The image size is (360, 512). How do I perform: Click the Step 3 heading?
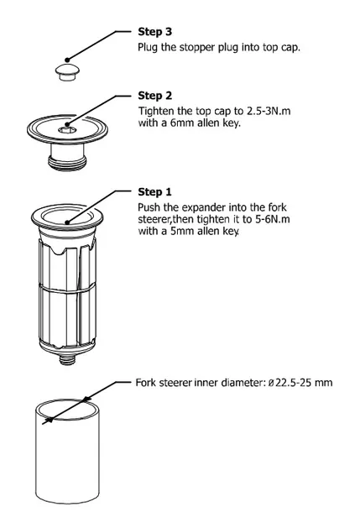[155, 31]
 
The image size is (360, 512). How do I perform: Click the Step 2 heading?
[155, 96]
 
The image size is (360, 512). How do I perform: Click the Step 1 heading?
[155, 192]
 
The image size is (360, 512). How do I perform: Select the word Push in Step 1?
[149, 206]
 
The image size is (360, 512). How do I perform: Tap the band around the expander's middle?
[67, 287]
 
